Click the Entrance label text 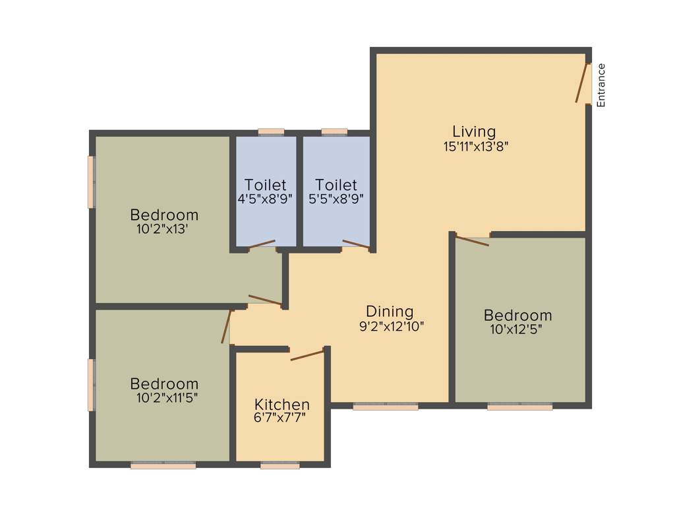point(601,85)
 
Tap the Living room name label point(473,131)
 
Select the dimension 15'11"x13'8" point(475,147)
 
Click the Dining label point(390,311)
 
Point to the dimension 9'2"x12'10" point(392,325)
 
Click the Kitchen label point(282,404)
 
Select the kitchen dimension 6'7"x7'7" point(281,417)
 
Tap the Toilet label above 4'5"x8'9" point(266,184)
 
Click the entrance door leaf point(581,83)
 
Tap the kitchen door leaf point(307,355)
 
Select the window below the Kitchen point(280,465)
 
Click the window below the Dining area point(386,407)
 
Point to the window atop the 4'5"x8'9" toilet point(271,132)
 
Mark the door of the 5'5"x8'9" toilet point(356,244)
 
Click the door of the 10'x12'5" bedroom point(473,241)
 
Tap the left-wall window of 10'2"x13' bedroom point(92,182)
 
